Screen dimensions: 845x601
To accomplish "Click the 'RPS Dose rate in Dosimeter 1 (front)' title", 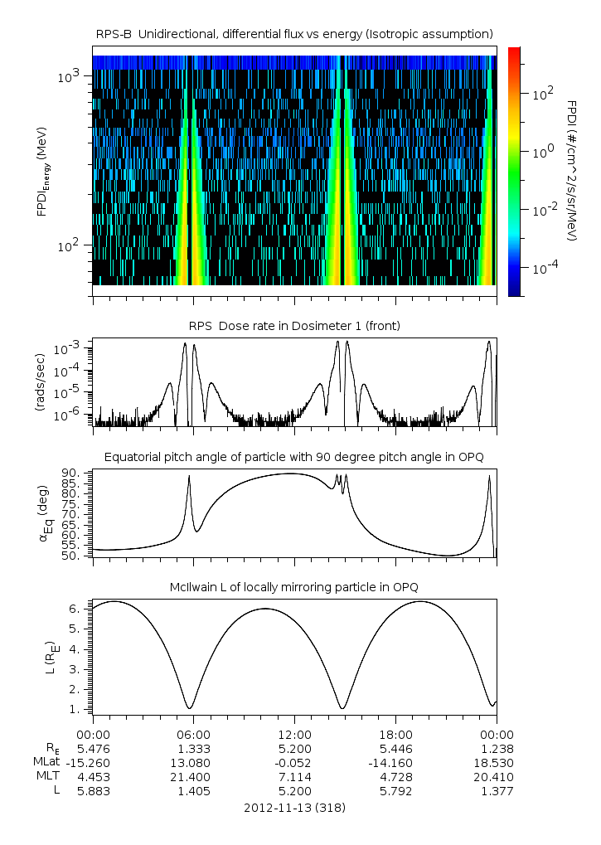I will point(294,326).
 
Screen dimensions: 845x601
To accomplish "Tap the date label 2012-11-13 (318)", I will point(294,807).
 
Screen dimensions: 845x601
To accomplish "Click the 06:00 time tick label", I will point(193,734).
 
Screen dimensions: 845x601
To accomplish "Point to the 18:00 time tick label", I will point(395,734).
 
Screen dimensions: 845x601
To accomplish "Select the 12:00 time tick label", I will point(294,734).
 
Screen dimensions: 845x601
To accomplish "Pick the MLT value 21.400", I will point(193,776).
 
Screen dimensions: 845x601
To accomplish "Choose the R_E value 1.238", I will point(497,748).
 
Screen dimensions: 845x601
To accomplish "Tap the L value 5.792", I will point(395,791).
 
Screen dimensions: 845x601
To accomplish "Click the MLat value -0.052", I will point(294,762).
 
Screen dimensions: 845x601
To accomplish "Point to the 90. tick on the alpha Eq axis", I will point(70,473).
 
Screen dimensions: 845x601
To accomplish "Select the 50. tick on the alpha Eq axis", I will point(70,556).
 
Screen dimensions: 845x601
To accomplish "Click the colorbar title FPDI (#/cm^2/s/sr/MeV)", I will point(572,171).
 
